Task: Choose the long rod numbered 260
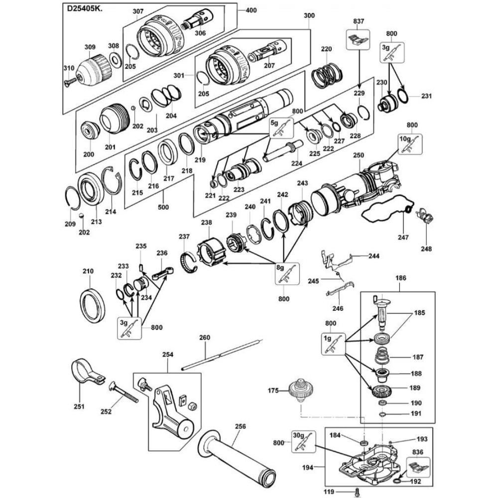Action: click(222, 355)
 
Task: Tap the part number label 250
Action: click(359, 156)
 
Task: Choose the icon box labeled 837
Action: click(359, 39)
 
